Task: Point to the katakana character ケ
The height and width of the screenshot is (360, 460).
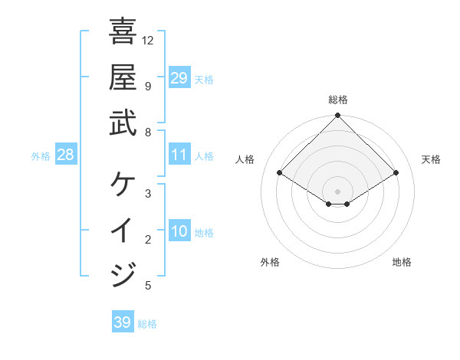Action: tap(123, 185)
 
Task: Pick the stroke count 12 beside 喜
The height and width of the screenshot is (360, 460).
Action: tap(148, 40)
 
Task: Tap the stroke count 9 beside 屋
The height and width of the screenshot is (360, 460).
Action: tap(148, 86)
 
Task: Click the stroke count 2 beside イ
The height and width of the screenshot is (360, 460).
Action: tap(148, 240)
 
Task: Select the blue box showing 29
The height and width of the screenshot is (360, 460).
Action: tap(179, 77)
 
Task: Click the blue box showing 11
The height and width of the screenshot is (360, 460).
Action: tap(179, 155)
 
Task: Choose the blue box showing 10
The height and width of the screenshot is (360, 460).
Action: tap(179, 231)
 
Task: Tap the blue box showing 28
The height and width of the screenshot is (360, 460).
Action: tap(65, 155)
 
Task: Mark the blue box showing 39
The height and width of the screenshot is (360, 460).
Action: tap(123, 322)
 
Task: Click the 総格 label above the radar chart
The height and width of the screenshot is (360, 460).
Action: tap(338, 100)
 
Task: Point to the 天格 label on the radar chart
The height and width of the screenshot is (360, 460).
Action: tap(432, 159)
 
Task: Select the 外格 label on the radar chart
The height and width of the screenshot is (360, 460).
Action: tap(270, 262)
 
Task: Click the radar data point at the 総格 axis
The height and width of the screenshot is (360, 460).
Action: tap(338, 116)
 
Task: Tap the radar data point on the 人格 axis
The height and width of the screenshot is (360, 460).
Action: tap(280, 173)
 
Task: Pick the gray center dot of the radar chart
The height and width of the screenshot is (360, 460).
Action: tap(338, 191)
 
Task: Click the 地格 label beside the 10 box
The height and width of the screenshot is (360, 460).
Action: tap(204, 232)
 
